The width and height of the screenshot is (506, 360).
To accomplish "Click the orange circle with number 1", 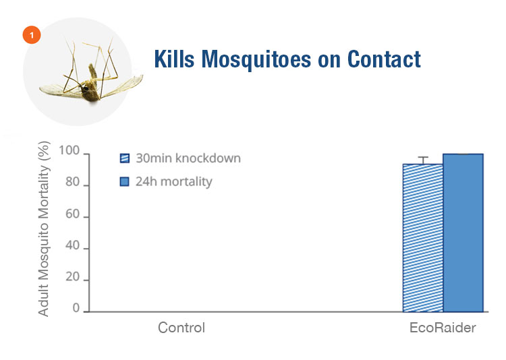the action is point(32,35).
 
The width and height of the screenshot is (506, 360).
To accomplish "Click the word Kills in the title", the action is point(174,59).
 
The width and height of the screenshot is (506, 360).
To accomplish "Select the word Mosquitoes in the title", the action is point(256,59).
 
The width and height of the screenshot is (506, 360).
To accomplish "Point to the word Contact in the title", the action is point(384,59).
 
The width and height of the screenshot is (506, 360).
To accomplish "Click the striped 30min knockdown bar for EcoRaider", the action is point(423,238).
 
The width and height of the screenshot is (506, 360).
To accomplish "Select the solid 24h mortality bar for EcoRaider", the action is point(463,233).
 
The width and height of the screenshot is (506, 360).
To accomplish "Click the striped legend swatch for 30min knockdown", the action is point(125,158).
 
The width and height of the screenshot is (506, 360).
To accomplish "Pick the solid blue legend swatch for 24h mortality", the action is point(125,181).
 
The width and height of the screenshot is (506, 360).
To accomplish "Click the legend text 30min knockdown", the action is point(188,158).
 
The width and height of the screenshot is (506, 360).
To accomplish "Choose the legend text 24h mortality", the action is point(174,181).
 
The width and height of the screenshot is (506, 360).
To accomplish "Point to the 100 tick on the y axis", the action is point(69,150).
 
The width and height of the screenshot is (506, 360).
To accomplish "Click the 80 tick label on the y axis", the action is point(72,182).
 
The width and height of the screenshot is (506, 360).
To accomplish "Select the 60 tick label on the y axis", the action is point(72,214).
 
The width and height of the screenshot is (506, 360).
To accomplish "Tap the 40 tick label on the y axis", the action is point(72,245).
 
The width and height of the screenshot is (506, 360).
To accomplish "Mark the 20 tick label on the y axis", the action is point(72,277).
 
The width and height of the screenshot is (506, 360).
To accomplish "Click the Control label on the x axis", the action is point(181,328).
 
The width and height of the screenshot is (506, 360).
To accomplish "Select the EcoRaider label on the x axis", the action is point(443,328).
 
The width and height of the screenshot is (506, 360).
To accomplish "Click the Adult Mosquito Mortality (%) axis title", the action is point(44,229).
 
